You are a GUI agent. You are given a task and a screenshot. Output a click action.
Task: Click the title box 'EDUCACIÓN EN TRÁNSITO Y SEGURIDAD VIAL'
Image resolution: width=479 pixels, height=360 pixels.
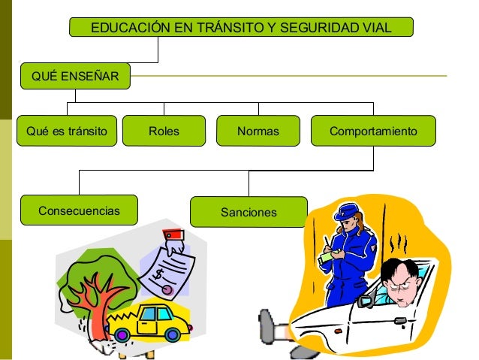coord(240,29)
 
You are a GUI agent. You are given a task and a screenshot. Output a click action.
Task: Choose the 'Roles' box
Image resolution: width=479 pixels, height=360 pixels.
coord(164,132)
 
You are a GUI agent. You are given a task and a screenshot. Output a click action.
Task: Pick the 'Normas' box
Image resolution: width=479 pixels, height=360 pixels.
coord(258,132)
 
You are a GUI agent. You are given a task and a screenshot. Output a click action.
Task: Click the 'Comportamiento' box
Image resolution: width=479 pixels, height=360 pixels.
coord(373,132)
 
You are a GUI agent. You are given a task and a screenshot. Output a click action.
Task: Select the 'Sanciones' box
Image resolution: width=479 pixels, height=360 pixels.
coord(249,213)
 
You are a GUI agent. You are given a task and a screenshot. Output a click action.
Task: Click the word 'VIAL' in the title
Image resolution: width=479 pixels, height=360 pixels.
coord(376,29)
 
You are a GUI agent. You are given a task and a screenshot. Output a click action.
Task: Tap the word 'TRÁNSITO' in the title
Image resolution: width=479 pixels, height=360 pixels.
coord(229,29)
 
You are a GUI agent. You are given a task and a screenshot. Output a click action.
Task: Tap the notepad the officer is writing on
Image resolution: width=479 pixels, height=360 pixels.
coord(326,256)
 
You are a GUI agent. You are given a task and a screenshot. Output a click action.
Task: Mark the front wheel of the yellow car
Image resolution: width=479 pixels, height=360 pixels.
coord(173,334)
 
